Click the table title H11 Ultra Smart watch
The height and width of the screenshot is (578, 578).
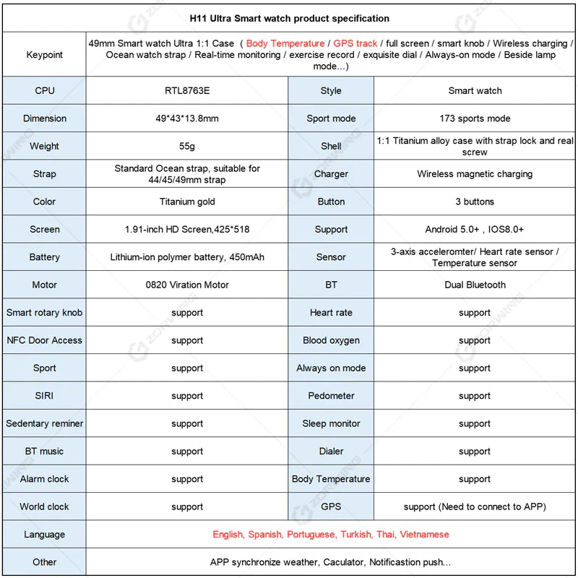point(289,18)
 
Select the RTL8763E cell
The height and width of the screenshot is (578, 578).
point(187,91)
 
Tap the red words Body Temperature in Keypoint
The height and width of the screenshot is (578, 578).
point(285,43)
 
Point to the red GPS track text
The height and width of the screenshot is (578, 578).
point(355,43)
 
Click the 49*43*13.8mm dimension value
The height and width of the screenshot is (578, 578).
point(187,118)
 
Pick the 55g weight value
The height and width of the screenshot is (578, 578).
point(187,146)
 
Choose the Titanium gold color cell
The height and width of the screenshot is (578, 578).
point(187,202)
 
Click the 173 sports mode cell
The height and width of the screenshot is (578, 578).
point(475,118)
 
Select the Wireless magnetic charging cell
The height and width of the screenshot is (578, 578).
point(475,174)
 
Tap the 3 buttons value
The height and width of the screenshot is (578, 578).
point(475,202)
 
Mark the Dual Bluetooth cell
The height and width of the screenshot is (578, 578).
point(475,285)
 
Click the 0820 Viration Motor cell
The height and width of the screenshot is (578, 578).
point(187,285)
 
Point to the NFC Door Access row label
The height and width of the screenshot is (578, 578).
point(44,340)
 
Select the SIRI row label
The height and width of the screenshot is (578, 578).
point(44,396)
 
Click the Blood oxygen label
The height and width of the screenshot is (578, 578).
point(331,340)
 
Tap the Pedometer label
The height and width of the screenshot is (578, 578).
point(331,396)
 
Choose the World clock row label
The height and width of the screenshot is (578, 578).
point(44,506)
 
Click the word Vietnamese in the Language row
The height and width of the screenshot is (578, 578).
point(424,535)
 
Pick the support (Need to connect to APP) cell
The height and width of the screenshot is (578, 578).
point(475,506)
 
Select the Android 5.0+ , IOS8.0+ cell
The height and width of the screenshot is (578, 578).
point(475,229)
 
